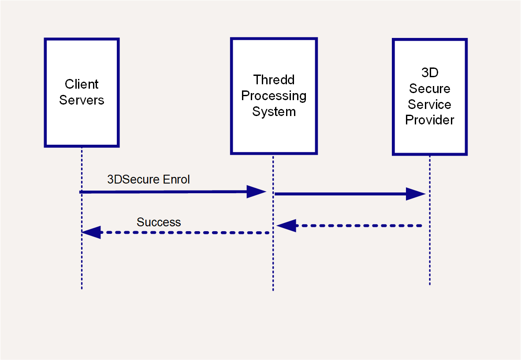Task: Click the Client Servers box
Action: coord(82,93)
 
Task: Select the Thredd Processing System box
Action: coord(274,96)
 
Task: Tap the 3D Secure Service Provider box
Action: coord(430,97)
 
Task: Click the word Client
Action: coord(82,84)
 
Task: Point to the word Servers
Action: coord(82,100)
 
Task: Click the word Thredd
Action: coord(274,80)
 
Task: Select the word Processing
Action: coord(274,96)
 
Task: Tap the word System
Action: coord(274,112)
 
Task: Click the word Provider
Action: coord(430,120)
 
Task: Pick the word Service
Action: coord(430,105)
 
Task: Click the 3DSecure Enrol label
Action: coord(149,180)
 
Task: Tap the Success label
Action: coord(159,222)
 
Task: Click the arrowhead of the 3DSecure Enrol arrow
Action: coord(257,191)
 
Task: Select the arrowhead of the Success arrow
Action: coord(91,232)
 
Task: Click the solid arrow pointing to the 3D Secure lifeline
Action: coord(350,194)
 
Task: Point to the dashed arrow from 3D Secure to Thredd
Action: coord(349,225)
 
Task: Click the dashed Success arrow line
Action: coord(175,232)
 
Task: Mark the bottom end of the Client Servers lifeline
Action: coord(82,289)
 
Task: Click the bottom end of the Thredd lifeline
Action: coord(273,290)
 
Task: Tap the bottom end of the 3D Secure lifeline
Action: coord(430,285)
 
